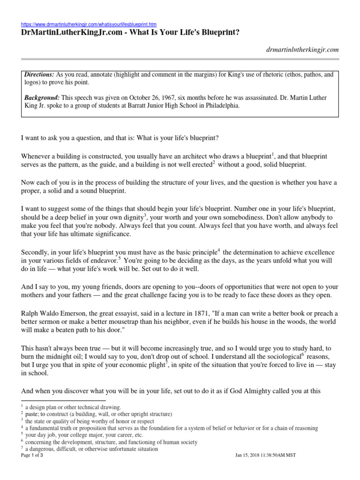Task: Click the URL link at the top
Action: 89,24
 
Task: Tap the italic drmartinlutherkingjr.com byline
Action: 301,50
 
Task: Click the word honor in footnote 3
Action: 110,421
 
